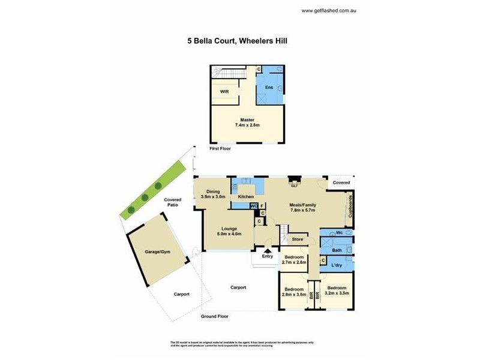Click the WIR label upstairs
pyautogui.click(x=224, y=92)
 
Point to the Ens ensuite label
pyautogui.click(x=269, y=88)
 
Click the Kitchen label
pyautogui.click(x=247, y=197)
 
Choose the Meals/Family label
pyautogui.click(x=303, y=205)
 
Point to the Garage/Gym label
pyautogui.click(x=158, y=252)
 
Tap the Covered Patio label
pyautogui.click(x=173, y=202)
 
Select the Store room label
pyautogui.click(x=298, y=239)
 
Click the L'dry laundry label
pyautogui.click(x=337, y=265)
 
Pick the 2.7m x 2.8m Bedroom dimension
pyautogui.click(x=294, y=262)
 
